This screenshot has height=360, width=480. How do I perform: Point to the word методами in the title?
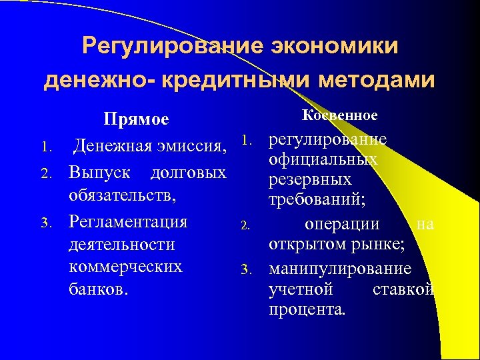(377, 80)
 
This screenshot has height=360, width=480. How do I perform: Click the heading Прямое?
(135, 120)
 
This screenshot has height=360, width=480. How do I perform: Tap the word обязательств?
(121, 197)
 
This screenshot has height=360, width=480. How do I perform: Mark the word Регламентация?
(128, 221)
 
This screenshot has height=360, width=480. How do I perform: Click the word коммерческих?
(125, 267)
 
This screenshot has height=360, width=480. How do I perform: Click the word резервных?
(309, 180)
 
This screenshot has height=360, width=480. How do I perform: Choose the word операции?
(341, 224)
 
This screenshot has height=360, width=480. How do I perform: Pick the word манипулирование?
(339, 269)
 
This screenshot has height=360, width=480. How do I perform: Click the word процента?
(307, 310)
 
